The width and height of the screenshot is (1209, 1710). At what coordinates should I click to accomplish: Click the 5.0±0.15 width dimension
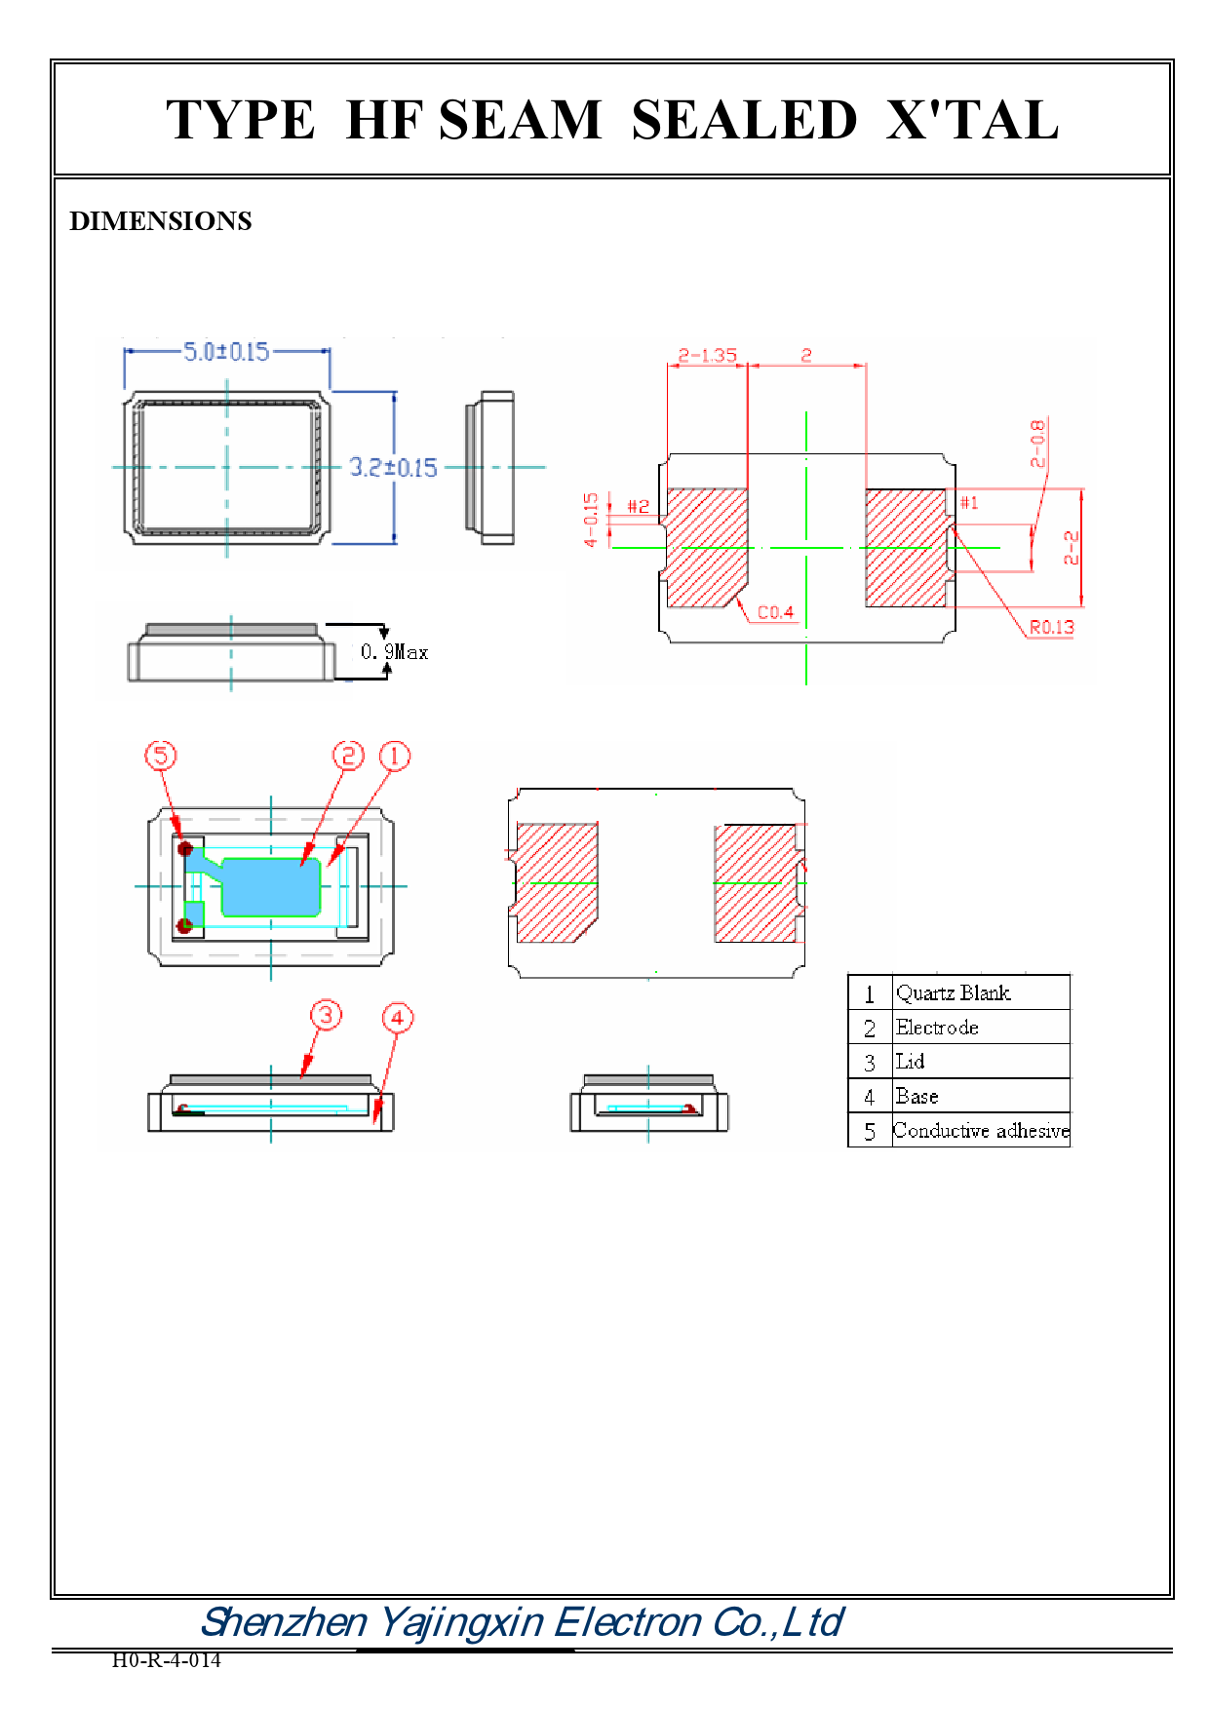tap(226, 352)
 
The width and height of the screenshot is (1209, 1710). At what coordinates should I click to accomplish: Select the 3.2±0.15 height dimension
tap(393, 468)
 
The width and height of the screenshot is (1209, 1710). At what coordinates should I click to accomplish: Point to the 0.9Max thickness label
tap(394, 652)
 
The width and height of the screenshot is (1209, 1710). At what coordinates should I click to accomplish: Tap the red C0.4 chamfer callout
tap(775, 612)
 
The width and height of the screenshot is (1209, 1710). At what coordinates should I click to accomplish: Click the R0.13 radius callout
tap(1051, 627)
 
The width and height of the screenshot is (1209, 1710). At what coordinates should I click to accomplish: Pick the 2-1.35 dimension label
tap(707, 356)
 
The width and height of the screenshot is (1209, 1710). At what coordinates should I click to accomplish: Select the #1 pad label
tap(968, 503)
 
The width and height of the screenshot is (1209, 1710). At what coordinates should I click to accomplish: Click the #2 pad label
tap(638, 506)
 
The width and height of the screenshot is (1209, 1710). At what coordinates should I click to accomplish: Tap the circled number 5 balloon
tap(161, 756)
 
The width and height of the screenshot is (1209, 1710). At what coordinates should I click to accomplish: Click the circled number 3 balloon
tap(326, 1015)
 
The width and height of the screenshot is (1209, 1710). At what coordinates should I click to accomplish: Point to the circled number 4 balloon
tap(397, 1018)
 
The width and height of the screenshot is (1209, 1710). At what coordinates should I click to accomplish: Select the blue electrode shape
tap(273, 887)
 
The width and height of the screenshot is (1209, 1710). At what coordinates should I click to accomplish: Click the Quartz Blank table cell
tap(953, 993)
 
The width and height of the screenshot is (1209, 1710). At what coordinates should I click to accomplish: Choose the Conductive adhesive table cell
tap(981, 1131)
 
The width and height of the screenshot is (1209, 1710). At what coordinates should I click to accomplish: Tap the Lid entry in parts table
tap(910, 1062)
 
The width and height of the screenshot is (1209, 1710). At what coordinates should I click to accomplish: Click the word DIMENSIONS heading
tap(161, 221)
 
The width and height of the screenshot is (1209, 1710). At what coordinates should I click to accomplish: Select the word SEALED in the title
tap(744, 121)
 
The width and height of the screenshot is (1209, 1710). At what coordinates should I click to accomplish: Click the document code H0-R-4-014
tap(166, 1660)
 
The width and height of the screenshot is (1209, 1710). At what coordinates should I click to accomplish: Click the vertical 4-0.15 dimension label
tap(591, 519)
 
